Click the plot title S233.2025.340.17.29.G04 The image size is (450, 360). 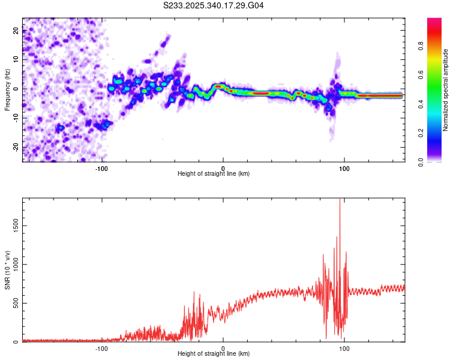(214, 5)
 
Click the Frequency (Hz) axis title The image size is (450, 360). (7, 89)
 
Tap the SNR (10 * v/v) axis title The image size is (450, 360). (7, 270)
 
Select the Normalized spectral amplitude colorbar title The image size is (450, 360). (446, 90)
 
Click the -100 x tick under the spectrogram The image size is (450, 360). (101, 167)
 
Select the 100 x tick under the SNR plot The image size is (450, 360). (344, 347)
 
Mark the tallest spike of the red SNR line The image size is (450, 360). (340, 200)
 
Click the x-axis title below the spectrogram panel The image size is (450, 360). (214, 174)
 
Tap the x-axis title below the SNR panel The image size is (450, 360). (214, 354)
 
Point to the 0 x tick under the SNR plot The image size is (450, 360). (223, 347)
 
